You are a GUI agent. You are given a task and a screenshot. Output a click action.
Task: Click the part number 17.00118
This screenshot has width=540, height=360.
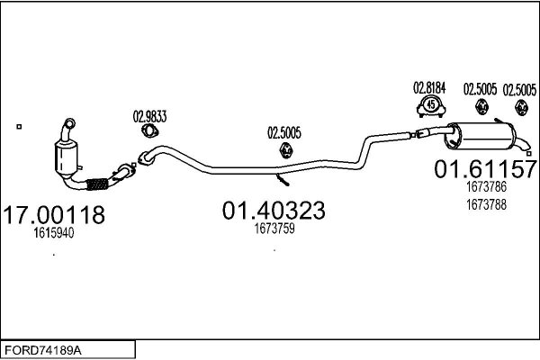click(54, 214)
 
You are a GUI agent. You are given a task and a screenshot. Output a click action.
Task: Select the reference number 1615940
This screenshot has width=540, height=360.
click(54, 233)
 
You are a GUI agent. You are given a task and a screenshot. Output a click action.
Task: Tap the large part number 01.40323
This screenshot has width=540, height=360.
click(274, 211)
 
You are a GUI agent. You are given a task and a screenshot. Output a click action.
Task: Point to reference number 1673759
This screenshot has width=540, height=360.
click(274, 229)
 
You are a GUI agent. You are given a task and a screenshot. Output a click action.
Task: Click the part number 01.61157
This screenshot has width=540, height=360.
click(486, 169)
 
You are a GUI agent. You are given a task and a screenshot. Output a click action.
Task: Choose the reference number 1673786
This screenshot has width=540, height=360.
click(486, 187)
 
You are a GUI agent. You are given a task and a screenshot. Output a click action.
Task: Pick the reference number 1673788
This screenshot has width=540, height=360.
click(486, 205)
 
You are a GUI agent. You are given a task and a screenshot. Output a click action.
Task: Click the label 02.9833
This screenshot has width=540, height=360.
click(149, 117)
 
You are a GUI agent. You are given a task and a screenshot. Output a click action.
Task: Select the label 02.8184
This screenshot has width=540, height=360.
click(429, 88)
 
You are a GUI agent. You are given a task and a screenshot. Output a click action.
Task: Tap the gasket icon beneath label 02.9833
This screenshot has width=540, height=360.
click(149, 131)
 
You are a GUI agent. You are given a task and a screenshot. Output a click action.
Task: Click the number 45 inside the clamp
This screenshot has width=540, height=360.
click(431, 103)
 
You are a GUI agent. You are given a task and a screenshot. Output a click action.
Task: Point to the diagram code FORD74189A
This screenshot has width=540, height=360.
click(43, 351)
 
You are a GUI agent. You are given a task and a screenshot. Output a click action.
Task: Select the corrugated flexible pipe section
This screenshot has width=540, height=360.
click(97, 184)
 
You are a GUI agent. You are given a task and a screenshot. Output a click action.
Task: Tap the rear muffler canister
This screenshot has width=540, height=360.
click(481, 136)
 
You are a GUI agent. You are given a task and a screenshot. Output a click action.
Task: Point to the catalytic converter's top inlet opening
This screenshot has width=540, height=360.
click(70, 123)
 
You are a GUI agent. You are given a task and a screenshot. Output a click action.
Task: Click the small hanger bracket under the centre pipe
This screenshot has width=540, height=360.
click(283, 179)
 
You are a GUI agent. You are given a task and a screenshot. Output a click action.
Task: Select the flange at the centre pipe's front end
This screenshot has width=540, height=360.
click(145, 158)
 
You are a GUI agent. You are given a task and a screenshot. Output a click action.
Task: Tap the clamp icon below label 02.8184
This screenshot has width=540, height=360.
click(431, 106)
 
